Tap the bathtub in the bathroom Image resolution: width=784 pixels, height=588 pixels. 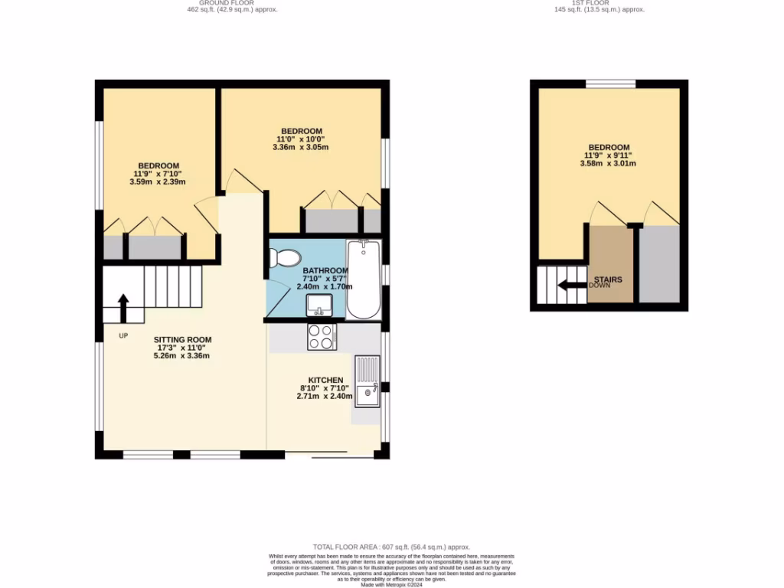point(364,280)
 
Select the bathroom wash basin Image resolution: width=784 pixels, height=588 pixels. point(318,305)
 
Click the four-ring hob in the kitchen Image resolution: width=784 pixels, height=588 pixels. point(322,337)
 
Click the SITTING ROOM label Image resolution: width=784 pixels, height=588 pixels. point(182,340)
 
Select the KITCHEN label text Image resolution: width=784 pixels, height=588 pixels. point(325,381)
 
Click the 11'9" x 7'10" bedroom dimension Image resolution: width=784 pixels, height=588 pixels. point(158,174)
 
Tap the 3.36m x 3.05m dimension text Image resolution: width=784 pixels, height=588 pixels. point(301,148)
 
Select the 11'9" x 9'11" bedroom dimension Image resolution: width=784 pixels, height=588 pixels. point(609,155)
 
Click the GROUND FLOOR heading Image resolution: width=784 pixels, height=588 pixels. point(232,3)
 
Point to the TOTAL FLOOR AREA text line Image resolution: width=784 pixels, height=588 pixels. point(392,547)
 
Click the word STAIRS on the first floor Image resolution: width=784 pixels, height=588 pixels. point(608,279)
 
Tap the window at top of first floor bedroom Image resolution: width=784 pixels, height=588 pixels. point(611,83)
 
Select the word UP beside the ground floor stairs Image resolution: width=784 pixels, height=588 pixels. point(123,335)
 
